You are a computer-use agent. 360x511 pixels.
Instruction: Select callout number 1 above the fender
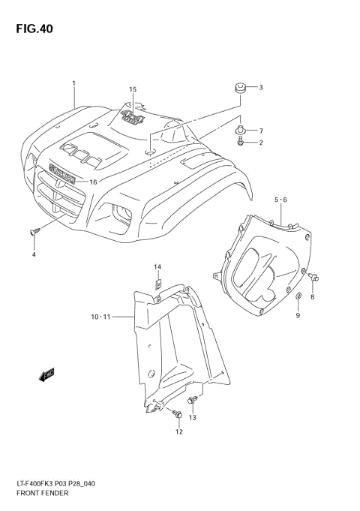click(73, 83)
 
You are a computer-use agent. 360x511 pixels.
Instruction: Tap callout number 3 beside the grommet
click(261, 88)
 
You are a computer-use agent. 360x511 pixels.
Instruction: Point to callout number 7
click(261, 131)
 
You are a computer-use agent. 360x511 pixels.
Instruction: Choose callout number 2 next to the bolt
click(261, 142)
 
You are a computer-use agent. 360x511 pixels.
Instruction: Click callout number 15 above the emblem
click(133, 90)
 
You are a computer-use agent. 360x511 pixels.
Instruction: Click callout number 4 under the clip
click(34, 256)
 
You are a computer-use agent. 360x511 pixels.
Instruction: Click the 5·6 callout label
click(281, 200)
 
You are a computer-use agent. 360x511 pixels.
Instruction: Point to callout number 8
click(313, 298)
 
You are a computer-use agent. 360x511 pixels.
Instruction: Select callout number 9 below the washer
click(298, 315)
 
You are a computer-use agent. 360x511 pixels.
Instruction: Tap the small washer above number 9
click(298, 300)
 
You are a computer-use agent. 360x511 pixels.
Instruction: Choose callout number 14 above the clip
click(157, 267)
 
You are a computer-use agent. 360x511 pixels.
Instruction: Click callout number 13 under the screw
click(192, 417)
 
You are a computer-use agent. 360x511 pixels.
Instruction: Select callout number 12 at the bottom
click(179, 432)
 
